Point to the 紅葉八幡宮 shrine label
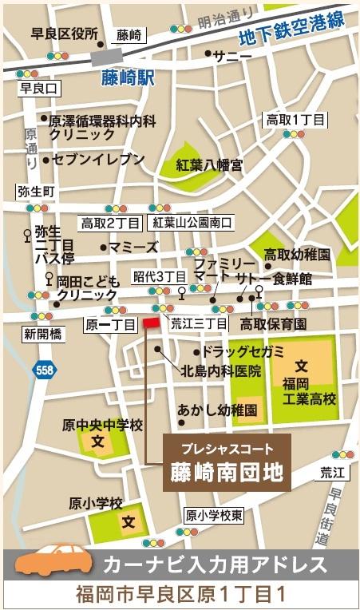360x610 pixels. [210, 165]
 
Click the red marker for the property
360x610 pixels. [151, 323]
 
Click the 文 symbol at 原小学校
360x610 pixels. [129, 522]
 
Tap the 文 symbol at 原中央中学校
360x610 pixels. [97, 440]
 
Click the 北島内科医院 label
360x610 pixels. [221, 370]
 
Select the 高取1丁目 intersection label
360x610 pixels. [296, 120]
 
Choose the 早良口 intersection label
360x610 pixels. [38, 88]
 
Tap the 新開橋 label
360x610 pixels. [42, 334]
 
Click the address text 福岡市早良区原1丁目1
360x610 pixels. [180, 595]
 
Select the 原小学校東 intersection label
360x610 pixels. [213, 515]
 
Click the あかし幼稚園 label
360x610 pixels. [218, 410]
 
